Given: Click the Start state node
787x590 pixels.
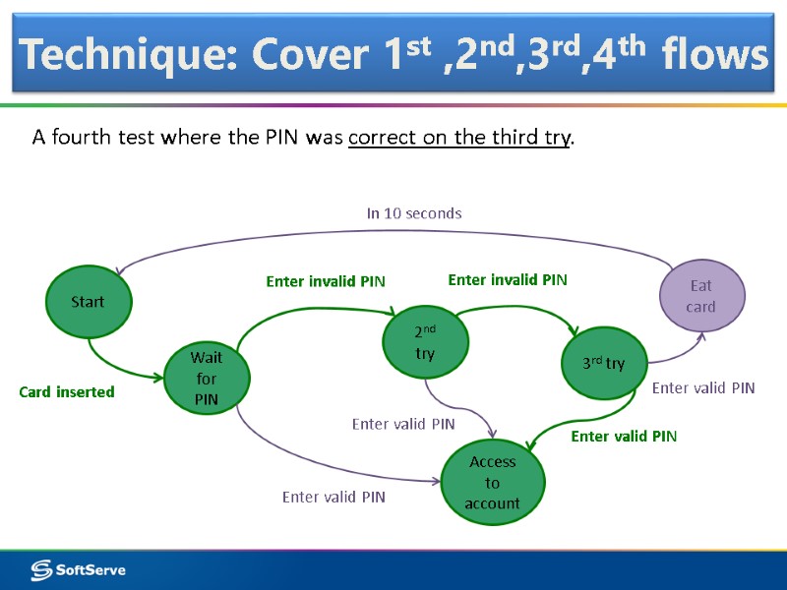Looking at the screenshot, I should coord(88,302).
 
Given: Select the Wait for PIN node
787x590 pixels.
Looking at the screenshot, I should coord(206,379).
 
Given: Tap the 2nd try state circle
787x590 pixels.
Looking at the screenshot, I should coord(425,342).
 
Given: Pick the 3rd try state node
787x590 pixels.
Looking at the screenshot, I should coord(603,364).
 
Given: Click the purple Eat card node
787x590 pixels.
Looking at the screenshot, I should coord(700,296).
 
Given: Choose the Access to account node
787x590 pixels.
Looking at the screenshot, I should coord(492,483).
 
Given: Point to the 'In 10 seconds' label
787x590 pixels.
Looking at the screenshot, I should coord(414,213).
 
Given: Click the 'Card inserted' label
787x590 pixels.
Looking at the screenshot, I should coord(67,392).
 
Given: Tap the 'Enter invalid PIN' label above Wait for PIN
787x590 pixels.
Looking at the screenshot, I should coord(326,282).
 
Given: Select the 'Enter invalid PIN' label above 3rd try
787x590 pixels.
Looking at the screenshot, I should coord(508,280).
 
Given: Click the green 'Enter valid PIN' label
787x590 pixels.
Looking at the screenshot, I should coord(624,436).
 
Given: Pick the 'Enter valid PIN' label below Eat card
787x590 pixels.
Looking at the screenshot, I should coord(703,388).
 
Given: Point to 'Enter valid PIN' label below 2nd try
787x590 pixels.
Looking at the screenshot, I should coord(403,424).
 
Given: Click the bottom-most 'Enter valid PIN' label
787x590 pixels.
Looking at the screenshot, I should coord(333,498).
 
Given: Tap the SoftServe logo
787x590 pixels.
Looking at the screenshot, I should coord(79,569).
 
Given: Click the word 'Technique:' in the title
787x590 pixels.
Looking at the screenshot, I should coord(129,56).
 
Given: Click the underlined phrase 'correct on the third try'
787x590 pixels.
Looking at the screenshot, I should coord(459,137).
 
